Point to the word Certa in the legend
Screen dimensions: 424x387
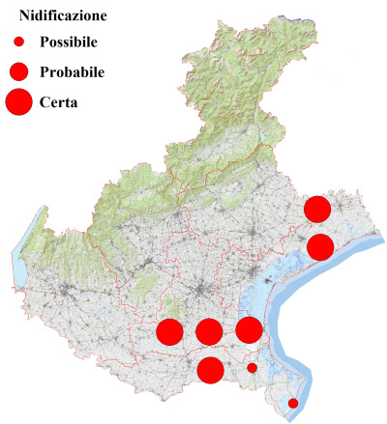click(x=59, y=101)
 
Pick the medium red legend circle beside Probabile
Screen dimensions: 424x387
click(x=18, y=71)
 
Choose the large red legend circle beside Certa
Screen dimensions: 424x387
click(x=18, y=100)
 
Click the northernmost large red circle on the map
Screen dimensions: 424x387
click(x=317, y=209)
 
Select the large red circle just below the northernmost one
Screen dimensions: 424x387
click(x=320, y=247)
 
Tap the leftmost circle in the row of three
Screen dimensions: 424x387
click(x=169, y=332)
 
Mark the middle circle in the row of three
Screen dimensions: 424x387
click(x=208, y=332)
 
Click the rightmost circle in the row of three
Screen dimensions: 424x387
click(x=249, y=329)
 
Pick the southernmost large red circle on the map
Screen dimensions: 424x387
click(x=210, y=369)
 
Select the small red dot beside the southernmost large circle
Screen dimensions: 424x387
click(x=252, y=367)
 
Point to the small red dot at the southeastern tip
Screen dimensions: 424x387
click(x=293, y=403)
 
